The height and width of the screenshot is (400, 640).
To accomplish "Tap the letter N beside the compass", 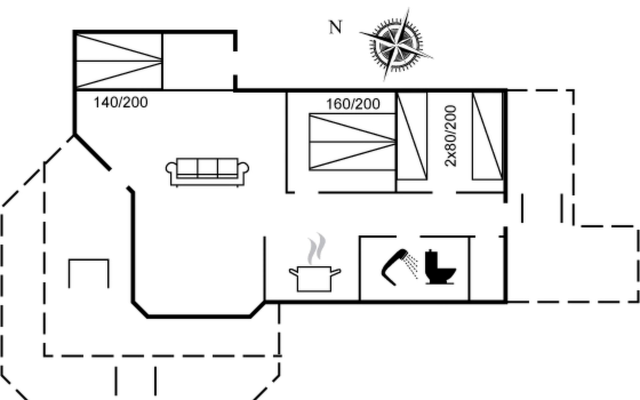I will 335,27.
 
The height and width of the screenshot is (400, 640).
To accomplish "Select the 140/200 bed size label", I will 121,102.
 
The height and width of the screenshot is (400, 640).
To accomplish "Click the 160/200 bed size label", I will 353,104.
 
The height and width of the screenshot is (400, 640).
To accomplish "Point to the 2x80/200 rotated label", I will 450,136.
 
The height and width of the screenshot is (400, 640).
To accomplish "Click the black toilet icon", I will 439,267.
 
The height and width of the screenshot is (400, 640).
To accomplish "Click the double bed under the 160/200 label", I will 353,142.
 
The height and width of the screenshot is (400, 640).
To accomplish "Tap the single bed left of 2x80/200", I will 412,136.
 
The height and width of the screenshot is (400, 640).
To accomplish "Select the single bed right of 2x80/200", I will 487,136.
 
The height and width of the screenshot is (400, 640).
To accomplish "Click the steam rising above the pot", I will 316,248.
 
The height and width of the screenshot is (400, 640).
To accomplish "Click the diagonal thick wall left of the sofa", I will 92,152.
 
